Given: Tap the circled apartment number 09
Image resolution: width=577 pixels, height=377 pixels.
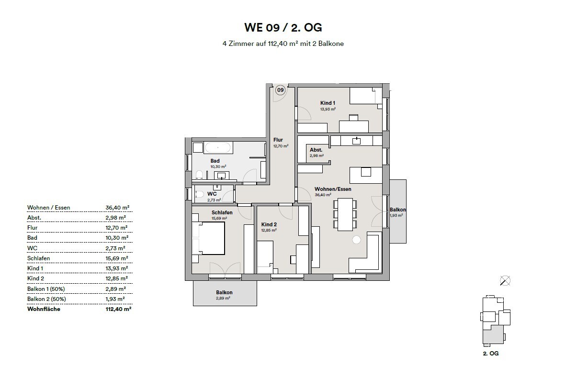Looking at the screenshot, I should [280, 89].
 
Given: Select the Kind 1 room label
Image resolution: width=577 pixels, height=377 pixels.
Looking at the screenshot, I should [328, 103].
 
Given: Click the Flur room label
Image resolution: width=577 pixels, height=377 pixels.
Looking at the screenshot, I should [278, 140].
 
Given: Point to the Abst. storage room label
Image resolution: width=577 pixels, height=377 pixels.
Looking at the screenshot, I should [316, 150].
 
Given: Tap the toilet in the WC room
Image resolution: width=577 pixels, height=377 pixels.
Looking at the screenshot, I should [199, 195].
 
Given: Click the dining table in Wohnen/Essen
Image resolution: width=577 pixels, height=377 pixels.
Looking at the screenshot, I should [345, 214].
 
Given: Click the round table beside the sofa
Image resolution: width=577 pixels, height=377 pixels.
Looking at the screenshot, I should [356, 240].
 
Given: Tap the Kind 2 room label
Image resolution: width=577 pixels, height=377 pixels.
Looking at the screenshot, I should [270, 224].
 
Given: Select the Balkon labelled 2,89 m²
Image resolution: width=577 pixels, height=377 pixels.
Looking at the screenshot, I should [224, 292].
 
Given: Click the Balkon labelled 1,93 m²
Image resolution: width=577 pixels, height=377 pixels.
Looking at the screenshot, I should [397, 210].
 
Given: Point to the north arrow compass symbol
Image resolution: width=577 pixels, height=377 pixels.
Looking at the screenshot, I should [504, 281].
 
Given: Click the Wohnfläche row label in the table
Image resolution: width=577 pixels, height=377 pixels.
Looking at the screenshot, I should [44, 309].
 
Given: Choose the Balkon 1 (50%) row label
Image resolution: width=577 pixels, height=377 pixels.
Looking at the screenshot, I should [46, 289].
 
